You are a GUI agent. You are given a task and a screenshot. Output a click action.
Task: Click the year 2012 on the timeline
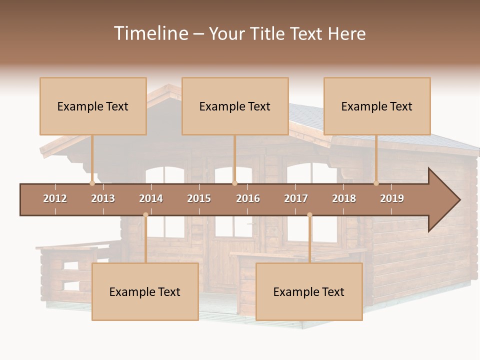[55, 198]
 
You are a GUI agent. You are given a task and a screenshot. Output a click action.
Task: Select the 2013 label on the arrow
[103, 198]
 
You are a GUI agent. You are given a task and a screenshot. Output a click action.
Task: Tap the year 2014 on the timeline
[151, 198]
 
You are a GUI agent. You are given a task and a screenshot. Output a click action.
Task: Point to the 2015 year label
[199, 198]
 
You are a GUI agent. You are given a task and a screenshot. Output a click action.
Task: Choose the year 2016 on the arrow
[248, 198]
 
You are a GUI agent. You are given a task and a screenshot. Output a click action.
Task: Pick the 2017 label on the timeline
[296, 198]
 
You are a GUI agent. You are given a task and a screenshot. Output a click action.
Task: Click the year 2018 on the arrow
[344, 198]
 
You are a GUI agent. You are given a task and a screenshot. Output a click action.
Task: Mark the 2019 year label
[392, 198]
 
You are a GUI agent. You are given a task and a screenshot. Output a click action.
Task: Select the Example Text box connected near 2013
[93, 106]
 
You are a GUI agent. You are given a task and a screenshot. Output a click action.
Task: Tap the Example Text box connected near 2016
[235, 106]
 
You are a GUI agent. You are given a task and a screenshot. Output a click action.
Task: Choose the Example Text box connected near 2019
[377, 106]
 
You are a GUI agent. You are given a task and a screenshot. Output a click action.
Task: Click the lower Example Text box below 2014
[145, 292]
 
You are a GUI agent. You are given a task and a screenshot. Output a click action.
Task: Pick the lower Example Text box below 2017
[309, 292]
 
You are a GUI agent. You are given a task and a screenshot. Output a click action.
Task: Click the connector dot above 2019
[376, 183]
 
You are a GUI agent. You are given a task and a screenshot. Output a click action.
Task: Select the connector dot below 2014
[145, 215]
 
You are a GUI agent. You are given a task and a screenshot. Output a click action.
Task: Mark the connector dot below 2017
[309, 215]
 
